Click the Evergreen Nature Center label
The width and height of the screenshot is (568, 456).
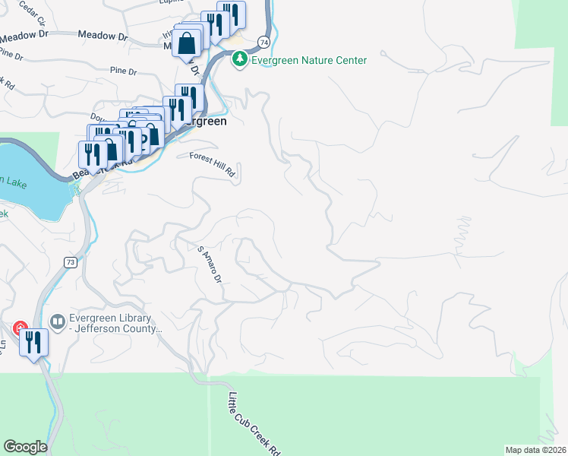click(310, 60)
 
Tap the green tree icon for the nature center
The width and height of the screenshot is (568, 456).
click(240, 59)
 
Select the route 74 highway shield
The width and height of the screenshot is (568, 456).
click(263, 42)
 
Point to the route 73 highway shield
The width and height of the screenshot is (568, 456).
click(70, 262)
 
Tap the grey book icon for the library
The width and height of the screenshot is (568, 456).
click(56, 323)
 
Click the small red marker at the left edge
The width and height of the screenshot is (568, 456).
click(18, 328)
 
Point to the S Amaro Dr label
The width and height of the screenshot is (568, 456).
click(209, 264)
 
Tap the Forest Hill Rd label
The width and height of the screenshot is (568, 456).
click(213, 166)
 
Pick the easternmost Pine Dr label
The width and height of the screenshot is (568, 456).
click(123, 72)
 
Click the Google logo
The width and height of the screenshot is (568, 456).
click(25, 447)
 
